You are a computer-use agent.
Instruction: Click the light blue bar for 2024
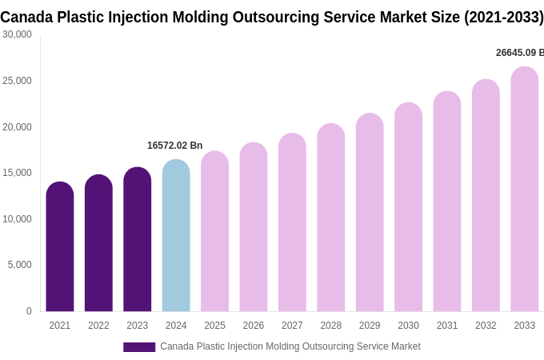tap(176, 236)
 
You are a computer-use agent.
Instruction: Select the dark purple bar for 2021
tap(60, 247)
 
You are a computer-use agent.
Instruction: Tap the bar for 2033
tap(524, 190)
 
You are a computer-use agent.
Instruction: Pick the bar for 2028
tap(330, 218)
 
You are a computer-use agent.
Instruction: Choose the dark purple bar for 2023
tap(137, 239)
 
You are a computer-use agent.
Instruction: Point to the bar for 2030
tap(408, 207)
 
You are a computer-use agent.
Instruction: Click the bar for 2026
tap(254, 227)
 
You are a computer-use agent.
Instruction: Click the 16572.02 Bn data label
tap(174, 146)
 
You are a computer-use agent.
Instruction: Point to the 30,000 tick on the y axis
tap(17, 34)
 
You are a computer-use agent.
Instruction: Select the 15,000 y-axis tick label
tap(17, 173)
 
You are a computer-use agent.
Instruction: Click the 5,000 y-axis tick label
tap(19, 265)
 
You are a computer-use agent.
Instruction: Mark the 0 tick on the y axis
tap(29, 311)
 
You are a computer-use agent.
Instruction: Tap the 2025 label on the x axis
tap(214, 326)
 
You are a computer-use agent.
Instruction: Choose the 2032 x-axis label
tap(486, 326)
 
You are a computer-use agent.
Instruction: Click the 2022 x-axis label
tap(98, 326)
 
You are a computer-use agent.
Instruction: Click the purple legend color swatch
tap(139, 346)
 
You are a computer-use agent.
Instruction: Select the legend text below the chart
tap(290, 346)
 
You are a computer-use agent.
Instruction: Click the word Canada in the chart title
tap(27, 17)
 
